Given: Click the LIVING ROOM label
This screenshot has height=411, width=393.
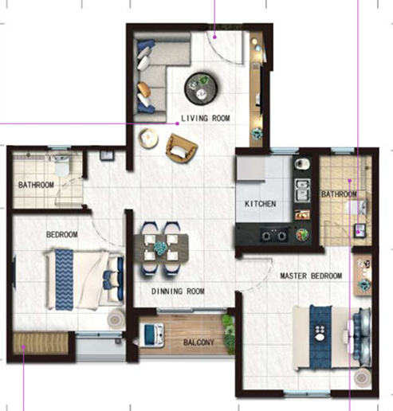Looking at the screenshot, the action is point(206,118).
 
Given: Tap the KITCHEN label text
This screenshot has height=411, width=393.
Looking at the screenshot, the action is point(261,204).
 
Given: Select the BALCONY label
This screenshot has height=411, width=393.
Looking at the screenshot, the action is point(198,342).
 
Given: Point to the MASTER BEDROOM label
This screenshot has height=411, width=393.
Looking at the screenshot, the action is point(311,276).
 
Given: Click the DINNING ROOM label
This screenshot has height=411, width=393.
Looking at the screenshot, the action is point(178,292).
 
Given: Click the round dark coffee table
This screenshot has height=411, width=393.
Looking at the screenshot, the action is point(201,88).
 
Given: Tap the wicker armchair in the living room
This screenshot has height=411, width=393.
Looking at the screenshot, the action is point(182,149).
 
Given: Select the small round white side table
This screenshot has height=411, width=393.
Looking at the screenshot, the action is point(148,138).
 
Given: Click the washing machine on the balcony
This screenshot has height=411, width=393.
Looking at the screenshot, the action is point(151,335).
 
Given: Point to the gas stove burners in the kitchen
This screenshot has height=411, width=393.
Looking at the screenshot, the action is point(274,235).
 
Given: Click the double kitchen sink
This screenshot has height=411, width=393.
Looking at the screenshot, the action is point(302,190).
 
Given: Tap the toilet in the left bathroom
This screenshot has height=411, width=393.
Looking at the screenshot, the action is point(61,166).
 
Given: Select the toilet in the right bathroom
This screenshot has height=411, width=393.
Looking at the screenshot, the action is point(357,207).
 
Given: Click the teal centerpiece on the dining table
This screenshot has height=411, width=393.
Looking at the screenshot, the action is point(160,249).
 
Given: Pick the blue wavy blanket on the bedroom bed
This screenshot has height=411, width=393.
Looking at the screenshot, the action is point(64,280).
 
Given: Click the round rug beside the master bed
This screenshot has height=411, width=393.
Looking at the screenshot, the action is point(362,377).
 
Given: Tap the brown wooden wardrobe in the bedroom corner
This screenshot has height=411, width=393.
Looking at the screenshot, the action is point(40,342).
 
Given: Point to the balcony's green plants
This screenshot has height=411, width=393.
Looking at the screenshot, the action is point(228,334).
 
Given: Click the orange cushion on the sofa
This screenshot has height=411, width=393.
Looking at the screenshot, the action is point(144,89).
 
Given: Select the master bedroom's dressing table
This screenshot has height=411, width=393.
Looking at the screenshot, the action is point(363,275).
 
